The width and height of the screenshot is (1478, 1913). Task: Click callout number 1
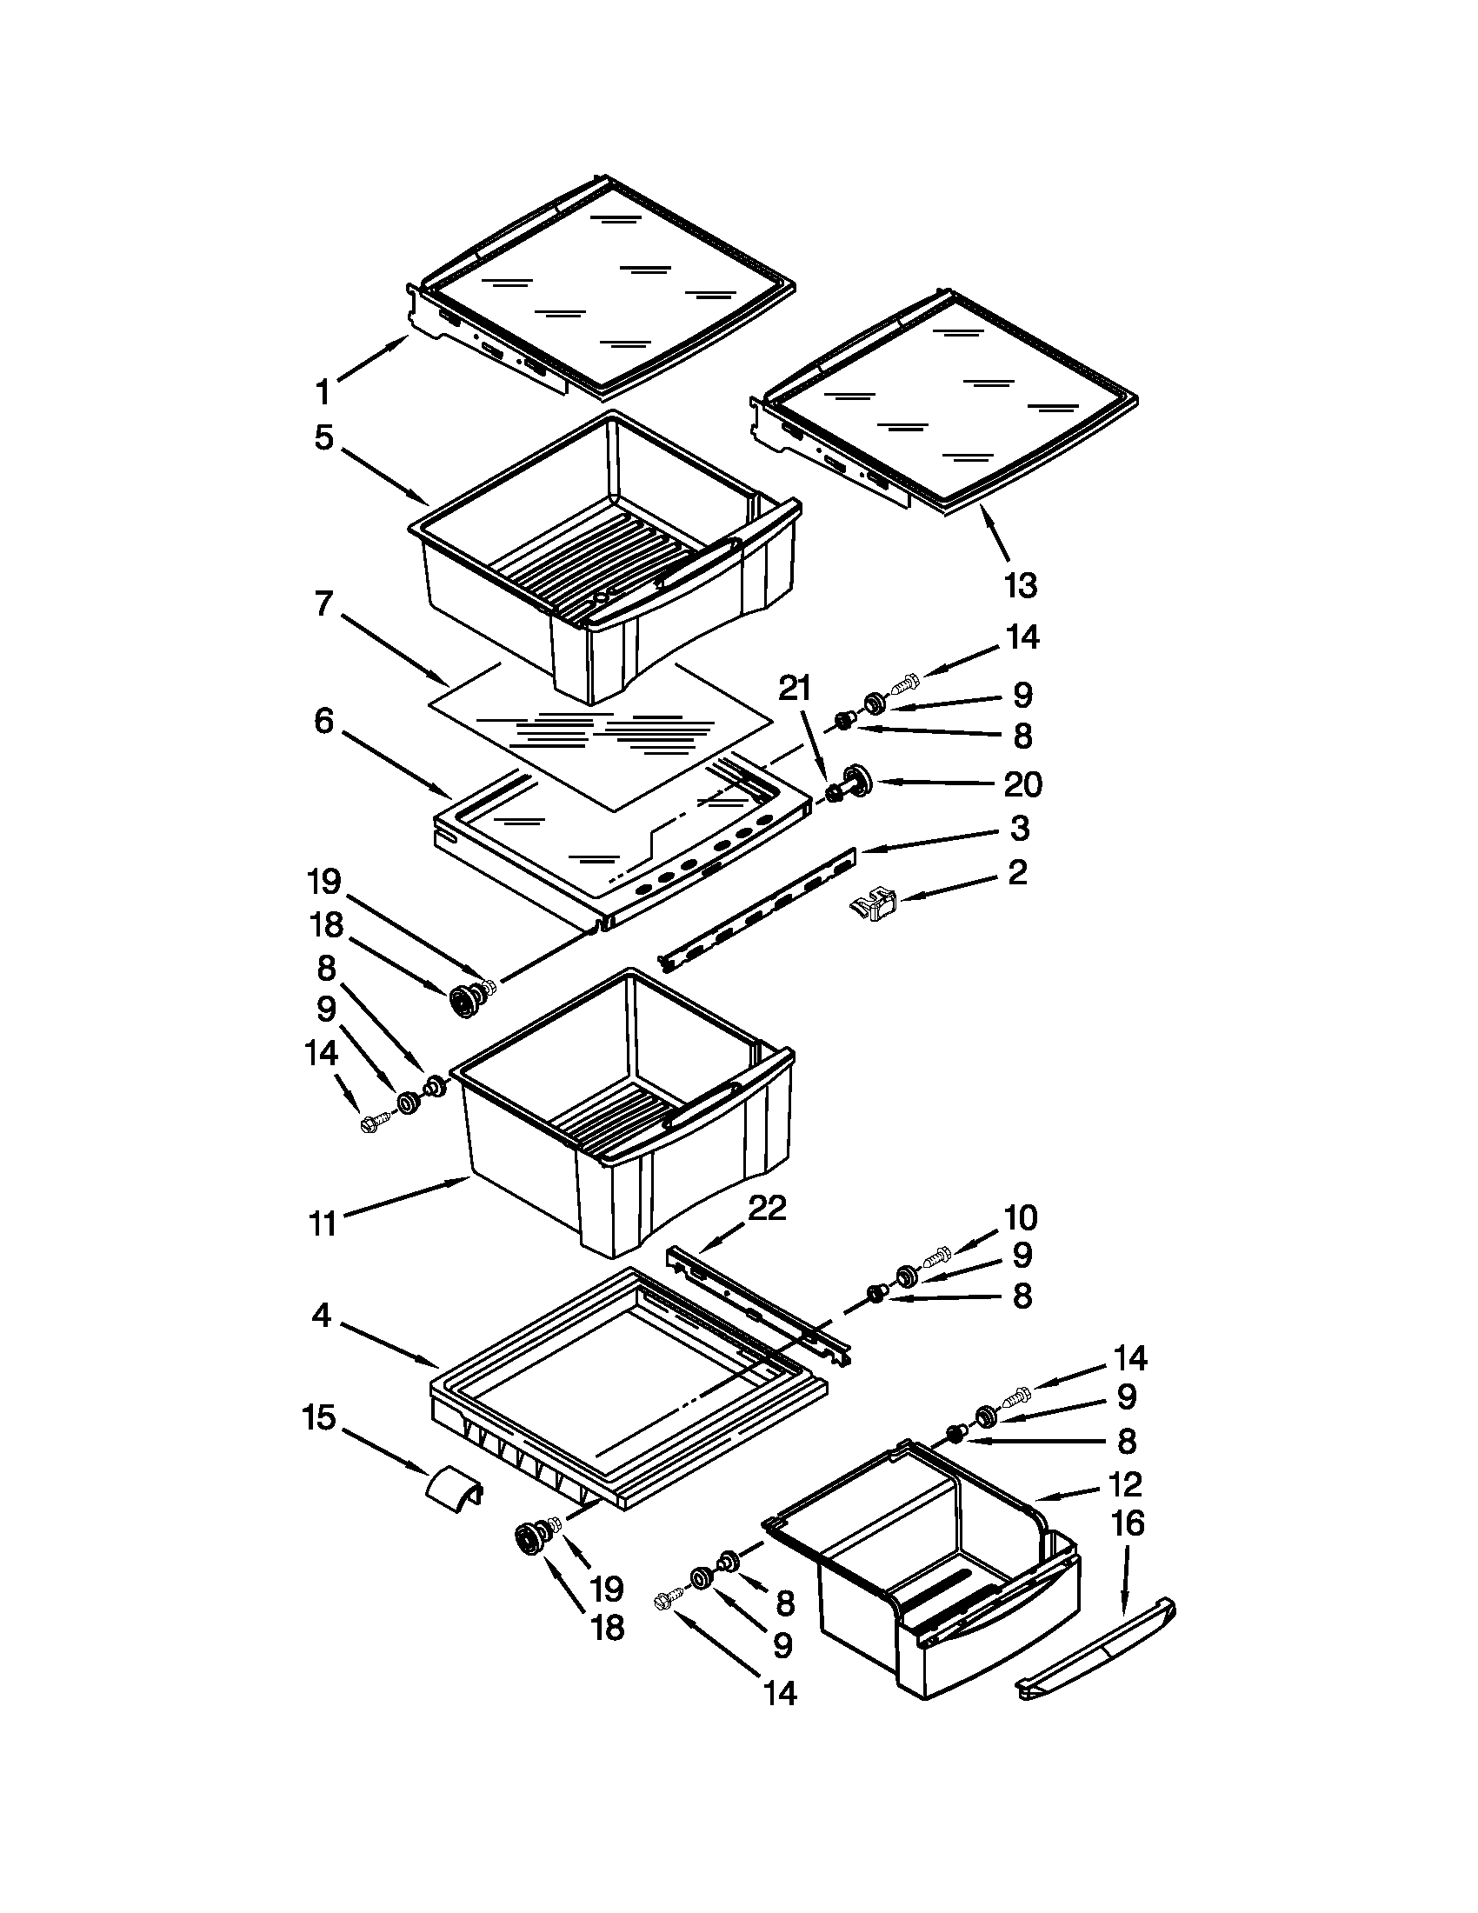(x=323, y=391)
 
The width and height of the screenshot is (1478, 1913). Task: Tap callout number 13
(x=1020, y=585)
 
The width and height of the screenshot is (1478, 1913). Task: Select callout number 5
(x=324, y=437)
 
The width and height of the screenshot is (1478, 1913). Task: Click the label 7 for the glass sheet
(x=324, y=603)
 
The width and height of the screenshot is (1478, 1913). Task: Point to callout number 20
(x=1022, y=784)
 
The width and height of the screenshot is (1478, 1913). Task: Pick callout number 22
(x=767, y=1209)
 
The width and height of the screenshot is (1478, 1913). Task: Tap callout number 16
(x=1128, y=1523)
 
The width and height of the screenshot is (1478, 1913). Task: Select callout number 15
(x=319, y=1417)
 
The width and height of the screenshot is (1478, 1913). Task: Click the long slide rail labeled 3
(x=757, y=907)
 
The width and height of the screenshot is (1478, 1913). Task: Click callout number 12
(x=1125, y=1483)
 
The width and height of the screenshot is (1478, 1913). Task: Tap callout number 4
(x=323, y=1315)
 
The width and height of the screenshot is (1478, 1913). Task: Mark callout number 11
(x=323, y=1223)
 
